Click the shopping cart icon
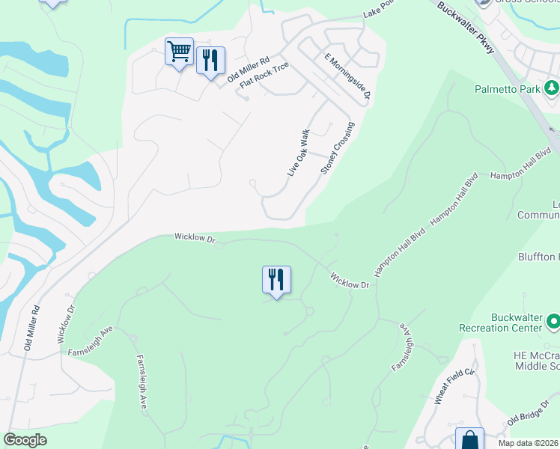point(179,52)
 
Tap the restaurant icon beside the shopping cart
point(210,60)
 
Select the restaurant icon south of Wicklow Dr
point(276,280)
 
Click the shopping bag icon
point(470,440)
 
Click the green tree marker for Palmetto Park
point(552,89)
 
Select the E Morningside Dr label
point(347,76)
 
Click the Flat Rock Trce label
point(264,75)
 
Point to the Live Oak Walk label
point(298,153)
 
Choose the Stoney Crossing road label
point(337,148)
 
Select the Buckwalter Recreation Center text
point(517,322)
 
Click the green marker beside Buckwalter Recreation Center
point(553,322)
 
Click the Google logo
point(25,440)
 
